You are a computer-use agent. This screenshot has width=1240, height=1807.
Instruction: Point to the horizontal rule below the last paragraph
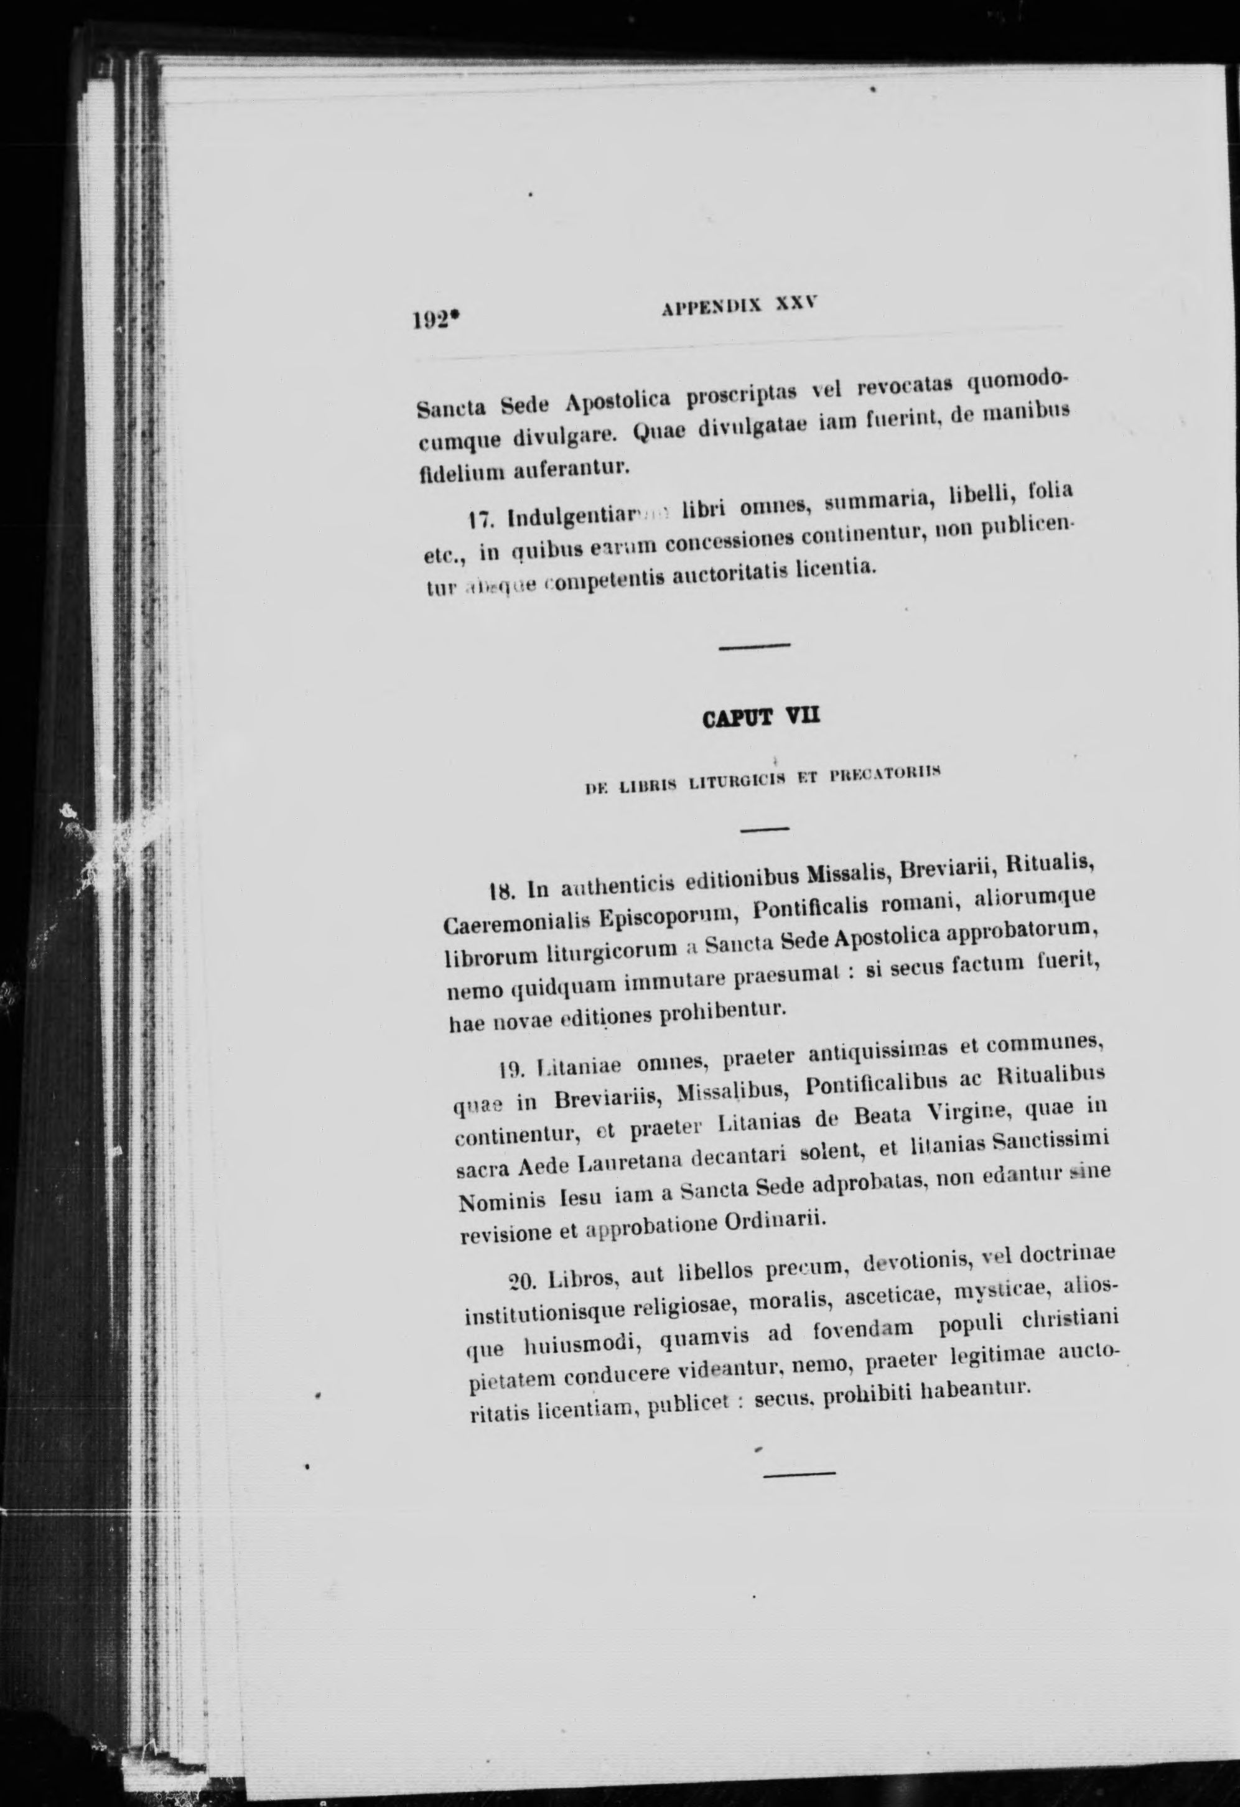(x=800, y=1472)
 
